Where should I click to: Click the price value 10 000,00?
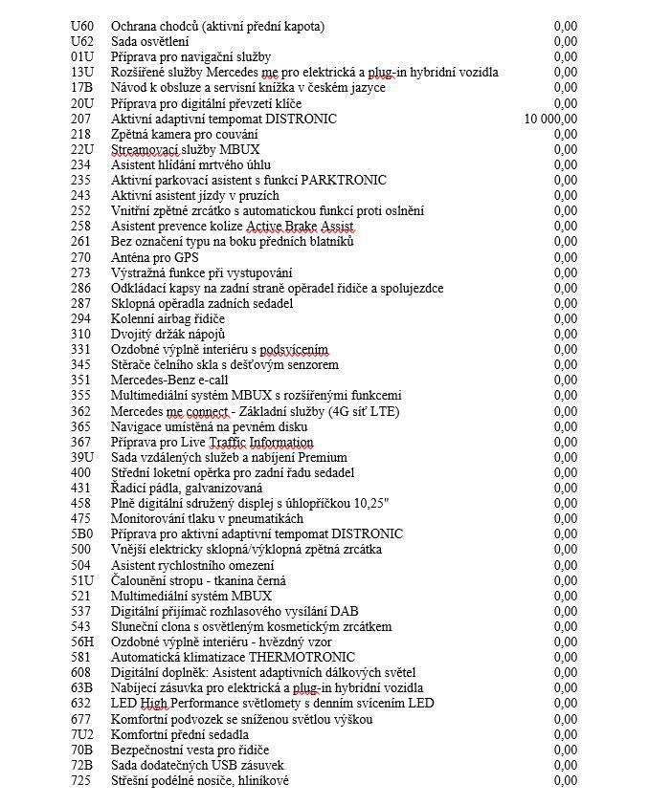[550, 119]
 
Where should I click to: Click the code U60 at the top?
[81, 26]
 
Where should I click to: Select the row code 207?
[80, 119]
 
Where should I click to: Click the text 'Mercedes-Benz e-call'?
[171, 381]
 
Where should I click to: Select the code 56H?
[82, 642]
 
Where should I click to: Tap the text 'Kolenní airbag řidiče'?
[168, 318]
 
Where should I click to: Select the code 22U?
[81, 149]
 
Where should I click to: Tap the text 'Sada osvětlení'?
[150, 41]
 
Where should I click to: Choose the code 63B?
[81, 688]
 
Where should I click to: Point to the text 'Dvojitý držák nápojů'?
[168, 334]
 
